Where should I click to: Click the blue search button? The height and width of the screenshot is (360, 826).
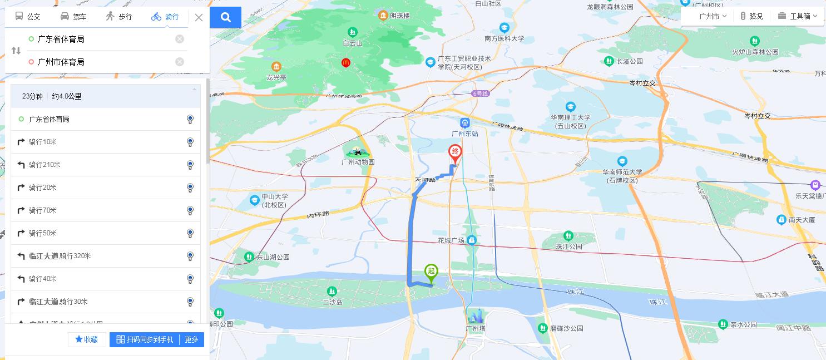(225, 17)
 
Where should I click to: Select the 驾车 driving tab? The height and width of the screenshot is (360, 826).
(73, 17)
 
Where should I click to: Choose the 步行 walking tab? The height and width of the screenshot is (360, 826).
(118, 17)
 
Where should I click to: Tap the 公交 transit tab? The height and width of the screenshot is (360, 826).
(27, 17)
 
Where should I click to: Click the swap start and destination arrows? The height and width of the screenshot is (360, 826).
(16, 51)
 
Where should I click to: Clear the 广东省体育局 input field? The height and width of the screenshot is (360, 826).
(180, 39)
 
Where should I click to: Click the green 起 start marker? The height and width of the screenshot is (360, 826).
(431, 272)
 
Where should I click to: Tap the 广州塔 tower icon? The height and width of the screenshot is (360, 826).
(476, 315)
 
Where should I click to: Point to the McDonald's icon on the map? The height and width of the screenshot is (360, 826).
(345, 63)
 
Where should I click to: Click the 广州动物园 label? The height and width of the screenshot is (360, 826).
(358, 162)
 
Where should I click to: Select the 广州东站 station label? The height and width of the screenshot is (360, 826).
(465, 134)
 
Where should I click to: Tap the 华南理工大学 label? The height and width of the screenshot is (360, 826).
(570, 118)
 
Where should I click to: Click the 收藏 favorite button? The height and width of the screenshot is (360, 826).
(87, 339)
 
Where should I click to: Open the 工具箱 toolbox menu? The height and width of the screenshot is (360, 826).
(798, 16)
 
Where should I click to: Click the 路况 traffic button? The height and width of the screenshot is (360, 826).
(751, 16)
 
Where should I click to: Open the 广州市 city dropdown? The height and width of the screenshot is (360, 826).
(713, 16)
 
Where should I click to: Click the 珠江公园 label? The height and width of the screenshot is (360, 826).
(568, 246)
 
